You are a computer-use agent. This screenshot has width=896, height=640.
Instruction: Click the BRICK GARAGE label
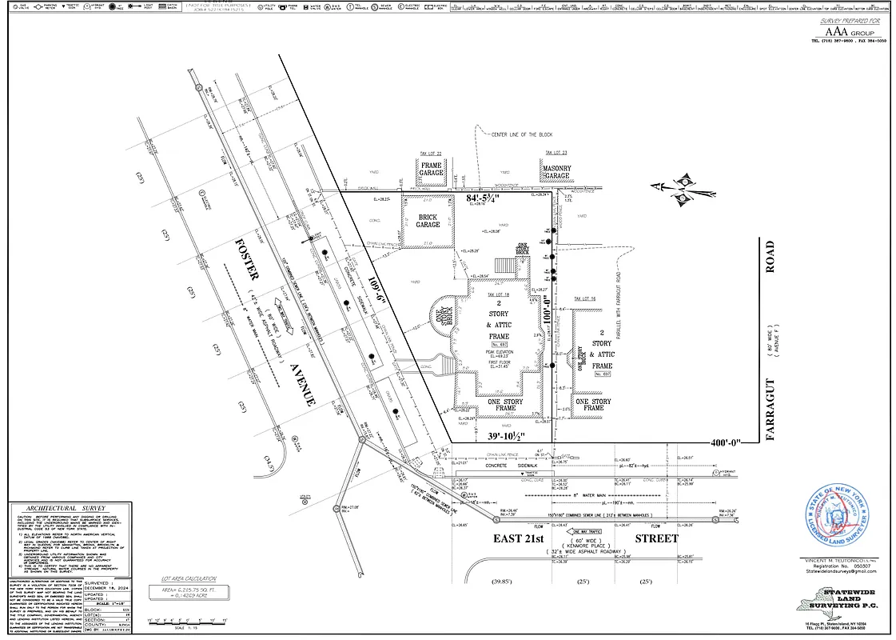(428, 221)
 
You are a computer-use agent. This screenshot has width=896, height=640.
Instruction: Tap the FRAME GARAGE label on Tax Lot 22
(431, 169)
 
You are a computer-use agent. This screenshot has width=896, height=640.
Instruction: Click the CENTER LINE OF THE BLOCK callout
(528, 134)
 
